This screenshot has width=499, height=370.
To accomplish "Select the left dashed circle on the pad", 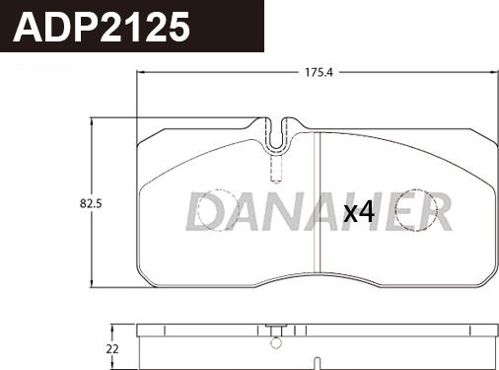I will coord(212,208).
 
